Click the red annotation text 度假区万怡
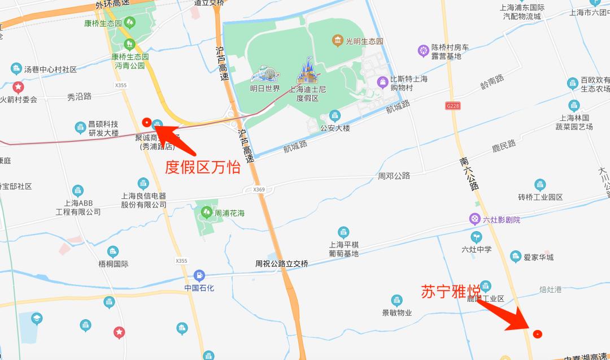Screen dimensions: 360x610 tap(202, 167)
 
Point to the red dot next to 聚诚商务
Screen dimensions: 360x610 tap(146, 122)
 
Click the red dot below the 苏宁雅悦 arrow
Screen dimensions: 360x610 tap(537, 333)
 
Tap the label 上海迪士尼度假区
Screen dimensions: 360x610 tap(308, 94)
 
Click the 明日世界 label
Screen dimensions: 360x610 tap(265, 89)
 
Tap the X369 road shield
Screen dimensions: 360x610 tap(259, 190)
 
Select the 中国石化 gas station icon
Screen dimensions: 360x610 tap(199, 276)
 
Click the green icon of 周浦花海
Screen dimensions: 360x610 tap(206, 212)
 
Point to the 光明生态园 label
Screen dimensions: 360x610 tap(364, 42)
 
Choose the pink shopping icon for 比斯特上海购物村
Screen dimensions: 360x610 tap(384, 83)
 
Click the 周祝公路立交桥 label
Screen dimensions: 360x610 tap(282, 264)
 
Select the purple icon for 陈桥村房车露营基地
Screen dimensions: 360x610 tap(423, 51)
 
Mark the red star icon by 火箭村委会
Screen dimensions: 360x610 tap(18, 88)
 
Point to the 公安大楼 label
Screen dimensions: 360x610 tap(335, 128)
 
